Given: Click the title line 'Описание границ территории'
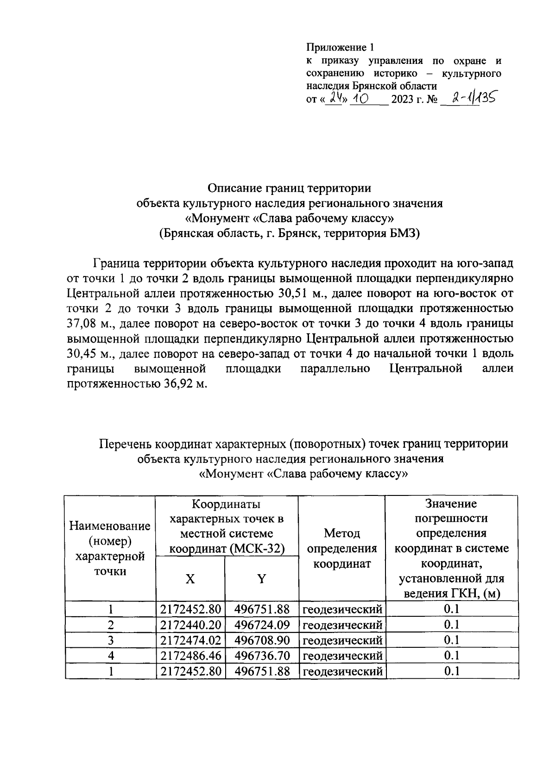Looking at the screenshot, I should click(x=290, y=188).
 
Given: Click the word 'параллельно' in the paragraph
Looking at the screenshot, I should click(x=335, y=369).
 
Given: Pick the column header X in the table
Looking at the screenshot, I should click(x=190, y=578).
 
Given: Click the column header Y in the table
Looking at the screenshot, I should click(x=262, y=578).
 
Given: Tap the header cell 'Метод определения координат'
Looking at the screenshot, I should click(x=342, y=548).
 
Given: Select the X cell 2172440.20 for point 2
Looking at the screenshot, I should click(x=190, y=625).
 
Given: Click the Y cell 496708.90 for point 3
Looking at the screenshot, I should click(x=262, y=640).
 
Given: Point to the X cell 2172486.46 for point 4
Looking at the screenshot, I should click(x=190, y=655).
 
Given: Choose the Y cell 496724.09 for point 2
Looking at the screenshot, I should click(x=262, y=625).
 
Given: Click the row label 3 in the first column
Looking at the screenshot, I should click(x=110, y=640).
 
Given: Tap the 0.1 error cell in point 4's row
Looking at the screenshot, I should click(x=451, y=655).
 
